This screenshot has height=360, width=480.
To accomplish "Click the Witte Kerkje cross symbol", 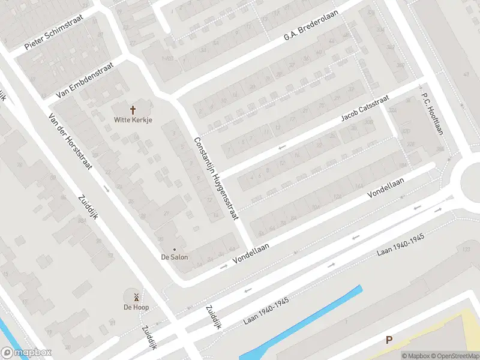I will (133, 110).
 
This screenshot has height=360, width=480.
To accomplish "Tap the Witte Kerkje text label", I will (133, 120).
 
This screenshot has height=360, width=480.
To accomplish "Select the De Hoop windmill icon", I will (136, 296).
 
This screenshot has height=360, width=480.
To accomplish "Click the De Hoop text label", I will (136, 307).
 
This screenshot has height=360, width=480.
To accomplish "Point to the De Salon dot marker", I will (175, 249).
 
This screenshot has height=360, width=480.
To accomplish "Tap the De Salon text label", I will (175, 257).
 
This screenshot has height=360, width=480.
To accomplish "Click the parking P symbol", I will (389, 340).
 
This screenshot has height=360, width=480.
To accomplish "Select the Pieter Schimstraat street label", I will (62, 32).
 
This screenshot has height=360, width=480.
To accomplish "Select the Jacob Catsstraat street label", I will (365, 108).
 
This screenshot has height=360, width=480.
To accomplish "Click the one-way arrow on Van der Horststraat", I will (106, 190).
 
